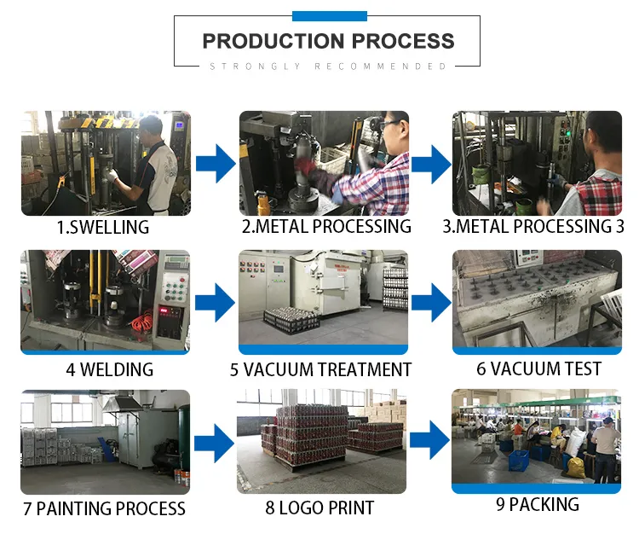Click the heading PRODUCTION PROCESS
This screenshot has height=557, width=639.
pos(328,41)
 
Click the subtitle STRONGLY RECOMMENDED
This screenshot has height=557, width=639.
pos(328,67)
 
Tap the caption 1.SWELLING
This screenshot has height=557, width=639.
pos(103,228)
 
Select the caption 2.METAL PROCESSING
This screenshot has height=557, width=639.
pos(326,227)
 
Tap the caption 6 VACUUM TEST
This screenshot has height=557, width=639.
pos(538,368)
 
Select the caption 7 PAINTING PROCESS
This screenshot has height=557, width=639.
pos(104,509)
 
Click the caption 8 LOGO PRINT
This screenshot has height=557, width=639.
pos(319,508)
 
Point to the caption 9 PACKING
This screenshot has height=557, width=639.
pos(537,504)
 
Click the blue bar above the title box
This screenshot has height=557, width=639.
pos(329,15)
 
